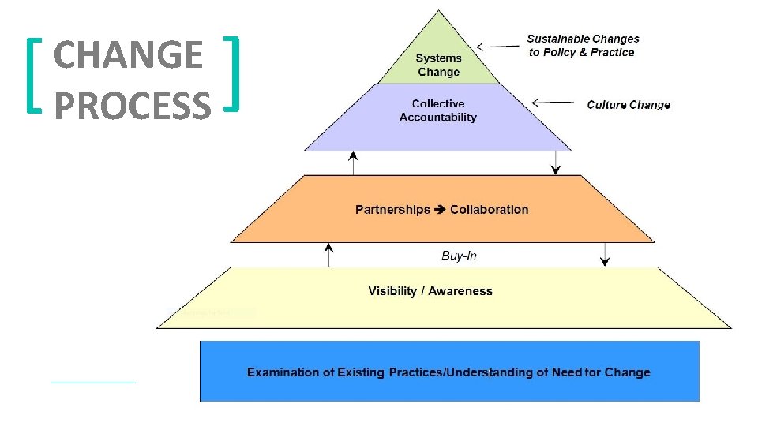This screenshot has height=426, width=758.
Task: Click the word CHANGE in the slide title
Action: click(128, 55)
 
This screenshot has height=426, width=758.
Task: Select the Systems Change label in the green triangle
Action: click(438, 65)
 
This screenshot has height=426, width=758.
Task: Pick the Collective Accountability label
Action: click(438, 110)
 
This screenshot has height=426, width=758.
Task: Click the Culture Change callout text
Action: click(629, 105)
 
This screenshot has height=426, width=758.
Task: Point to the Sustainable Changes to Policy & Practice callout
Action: click(583, 45)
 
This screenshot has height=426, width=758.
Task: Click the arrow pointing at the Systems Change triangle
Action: click(497, 47)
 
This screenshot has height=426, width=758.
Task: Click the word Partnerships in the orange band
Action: click(392, 210)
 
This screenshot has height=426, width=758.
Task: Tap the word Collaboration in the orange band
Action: click(489, 210)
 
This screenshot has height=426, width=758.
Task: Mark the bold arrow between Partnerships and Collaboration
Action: click(440, 210)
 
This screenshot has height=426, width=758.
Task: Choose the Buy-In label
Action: click(459, 256)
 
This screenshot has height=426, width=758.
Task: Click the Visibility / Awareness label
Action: click(430, 291)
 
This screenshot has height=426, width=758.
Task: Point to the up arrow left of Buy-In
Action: click(329, 254)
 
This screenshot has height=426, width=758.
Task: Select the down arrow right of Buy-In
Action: click(606, 254)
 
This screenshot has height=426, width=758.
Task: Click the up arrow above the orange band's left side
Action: click(353, 163)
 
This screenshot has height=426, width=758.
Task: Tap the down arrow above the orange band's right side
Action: click(557, 163)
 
